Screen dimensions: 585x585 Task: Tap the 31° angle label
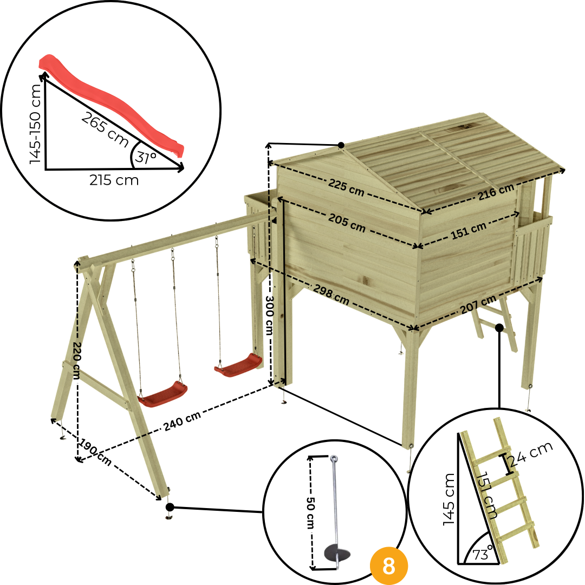[146, 158]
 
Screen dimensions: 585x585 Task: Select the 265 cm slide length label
[105, 129]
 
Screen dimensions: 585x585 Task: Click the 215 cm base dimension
[114, 180]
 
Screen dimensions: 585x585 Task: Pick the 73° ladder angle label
[483, 554]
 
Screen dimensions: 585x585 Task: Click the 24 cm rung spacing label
[531, 454]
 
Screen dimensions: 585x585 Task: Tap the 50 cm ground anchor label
[310, 512]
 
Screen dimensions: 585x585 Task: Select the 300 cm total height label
[269, 315]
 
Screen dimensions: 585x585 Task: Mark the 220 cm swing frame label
[76, 360]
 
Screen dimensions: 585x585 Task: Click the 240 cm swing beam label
[183, 421]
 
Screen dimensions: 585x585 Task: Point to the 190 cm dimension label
[95, 452]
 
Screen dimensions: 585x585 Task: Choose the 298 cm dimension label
[331, 294]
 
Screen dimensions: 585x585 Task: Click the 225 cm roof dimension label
[346, 187]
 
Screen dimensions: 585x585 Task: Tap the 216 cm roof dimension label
[496, 192]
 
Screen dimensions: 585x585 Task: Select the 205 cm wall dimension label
[347, 223]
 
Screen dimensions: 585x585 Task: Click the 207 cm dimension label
[478, 304]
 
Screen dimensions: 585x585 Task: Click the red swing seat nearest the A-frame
[162, 394]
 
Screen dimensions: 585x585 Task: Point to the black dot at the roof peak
[341, 145]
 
